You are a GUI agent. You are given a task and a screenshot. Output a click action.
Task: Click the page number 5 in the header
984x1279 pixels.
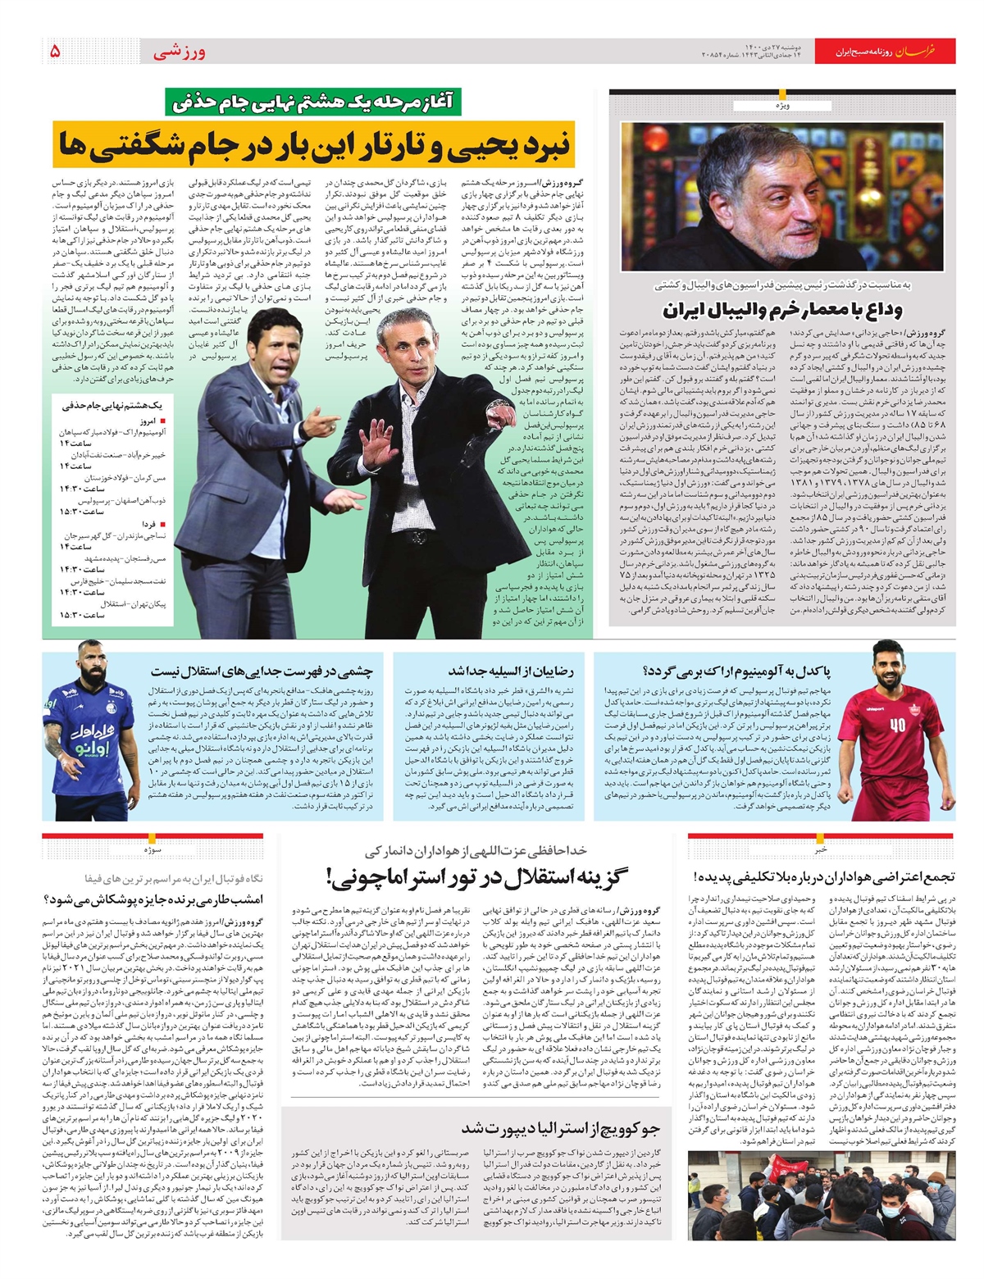click(x=55, y=51)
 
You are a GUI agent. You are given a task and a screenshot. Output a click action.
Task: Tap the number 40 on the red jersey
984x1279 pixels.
click(x=897, y=725)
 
